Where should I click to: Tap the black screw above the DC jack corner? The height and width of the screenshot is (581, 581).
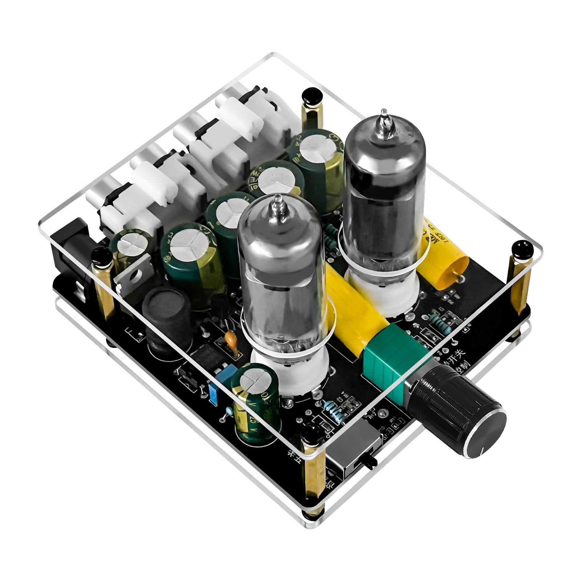coord(101,257)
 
